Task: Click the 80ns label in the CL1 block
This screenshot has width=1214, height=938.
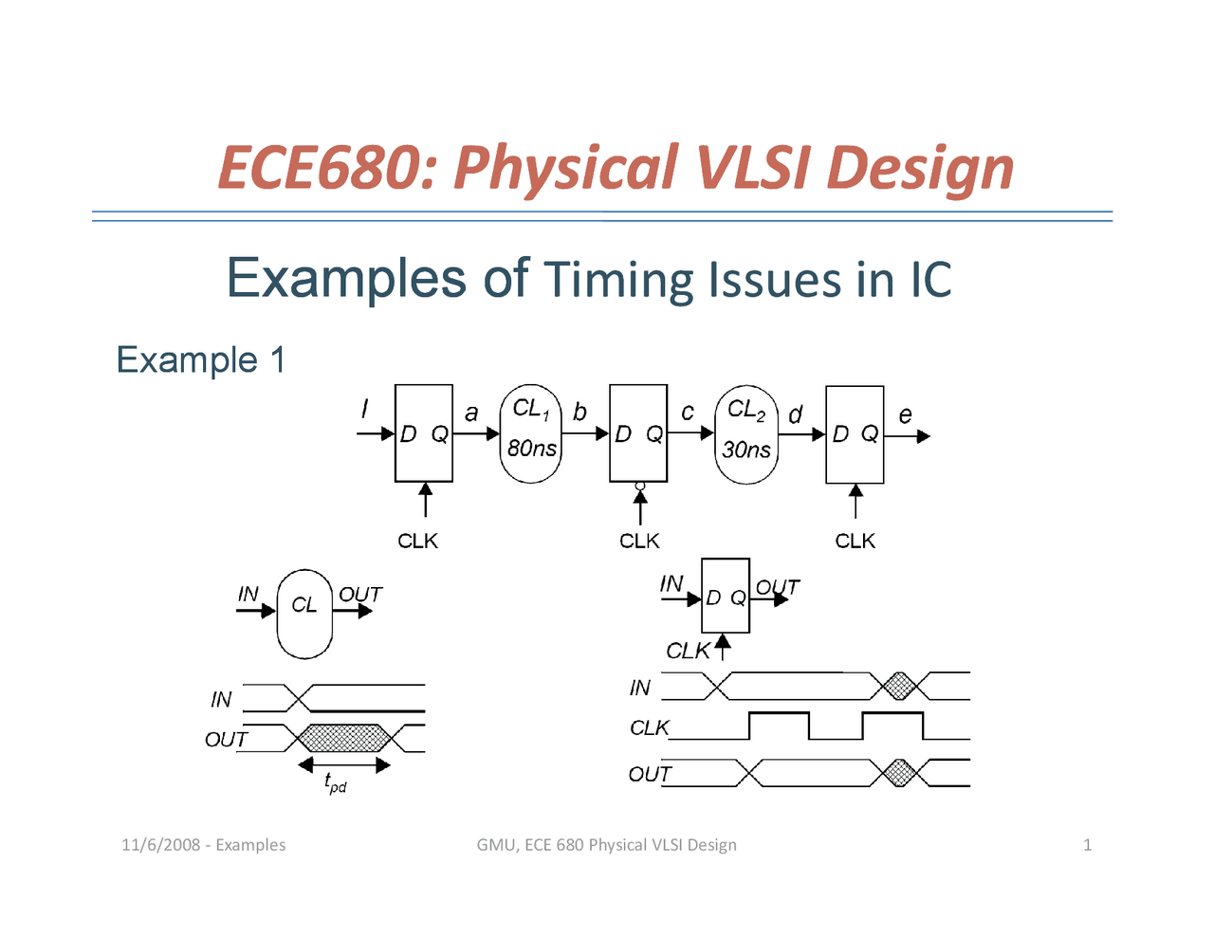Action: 531,449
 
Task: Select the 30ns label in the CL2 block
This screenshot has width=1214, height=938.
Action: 745,450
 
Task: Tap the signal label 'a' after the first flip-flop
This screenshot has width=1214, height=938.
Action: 471,413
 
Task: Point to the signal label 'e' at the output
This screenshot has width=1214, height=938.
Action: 905,414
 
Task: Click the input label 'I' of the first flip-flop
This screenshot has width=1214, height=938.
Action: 364,409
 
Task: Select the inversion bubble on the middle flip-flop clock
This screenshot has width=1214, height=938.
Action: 640,486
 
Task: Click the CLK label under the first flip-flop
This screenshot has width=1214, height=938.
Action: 417,541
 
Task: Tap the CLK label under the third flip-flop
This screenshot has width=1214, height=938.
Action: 855,541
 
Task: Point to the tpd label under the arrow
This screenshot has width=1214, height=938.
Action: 335,783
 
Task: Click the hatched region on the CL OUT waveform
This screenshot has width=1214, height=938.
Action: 344,738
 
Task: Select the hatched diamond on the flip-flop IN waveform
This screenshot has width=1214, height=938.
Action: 898,686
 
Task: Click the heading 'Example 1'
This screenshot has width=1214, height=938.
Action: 200,360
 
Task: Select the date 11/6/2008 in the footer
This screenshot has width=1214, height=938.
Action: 160,845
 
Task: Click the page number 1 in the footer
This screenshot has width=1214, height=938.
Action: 1087,845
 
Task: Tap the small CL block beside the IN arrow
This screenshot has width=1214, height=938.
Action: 303,614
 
